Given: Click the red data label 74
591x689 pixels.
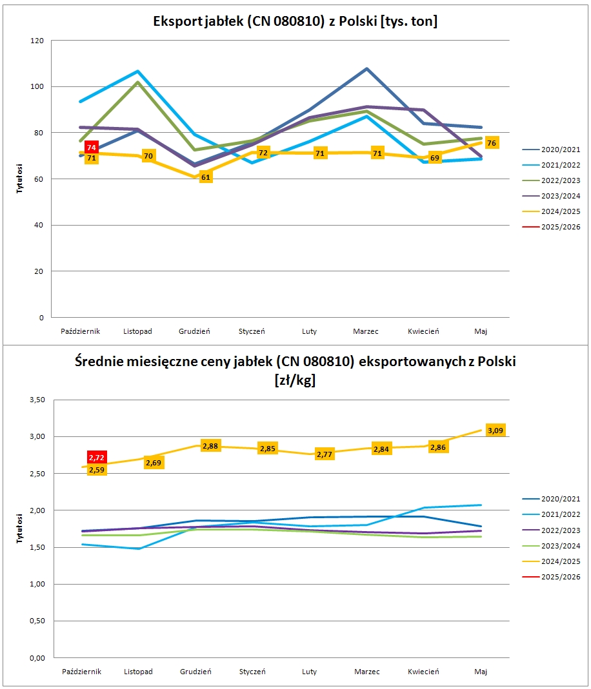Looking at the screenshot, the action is [x=92, y=148].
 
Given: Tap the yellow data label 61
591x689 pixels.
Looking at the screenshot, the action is [x=206, y=177].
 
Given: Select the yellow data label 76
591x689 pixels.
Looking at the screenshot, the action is [x=492, y=143].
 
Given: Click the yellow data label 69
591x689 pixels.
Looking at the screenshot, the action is [x=435, y=158].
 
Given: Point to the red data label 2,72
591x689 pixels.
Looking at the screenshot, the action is [x=97, y=458].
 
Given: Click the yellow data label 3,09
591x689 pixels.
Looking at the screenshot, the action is [x=496, y=430].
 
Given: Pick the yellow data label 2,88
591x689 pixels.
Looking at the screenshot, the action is [x=210, y=446].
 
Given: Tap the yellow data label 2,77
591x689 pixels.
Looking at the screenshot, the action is [x=325, y=454].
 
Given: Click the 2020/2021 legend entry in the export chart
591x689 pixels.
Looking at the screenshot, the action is [x=552, y=150].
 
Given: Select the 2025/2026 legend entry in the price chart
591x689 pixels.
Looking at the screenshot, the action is [x=552, y=576].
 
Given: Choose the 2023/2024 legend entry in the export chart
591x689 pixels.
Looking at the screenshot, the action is [x=552, y=196].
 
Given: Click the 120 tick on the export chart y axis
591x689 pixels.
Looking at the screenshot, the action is [x=37, y=41].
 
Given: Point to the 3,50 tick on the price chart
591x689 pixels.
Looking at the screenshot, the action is [x=37, y=400].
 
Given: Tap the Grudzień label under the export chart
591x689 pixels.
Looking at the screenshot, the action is [x=194, y=331].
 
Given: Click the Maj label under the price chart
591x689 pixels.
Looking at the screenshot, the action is [x=481, y=672].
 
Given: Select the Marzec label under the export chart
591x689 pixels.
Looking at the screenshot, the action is [x=366, y=331].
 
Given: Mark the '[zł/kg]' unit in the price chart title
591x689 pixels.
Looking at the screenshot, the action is [x=295, y=380].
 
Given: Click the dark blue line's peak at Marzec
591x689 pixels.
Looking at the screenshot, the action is [x=366, y=68].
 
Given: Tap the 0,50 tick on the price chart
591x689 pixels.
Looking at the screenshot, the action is [x=37, y=621].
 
